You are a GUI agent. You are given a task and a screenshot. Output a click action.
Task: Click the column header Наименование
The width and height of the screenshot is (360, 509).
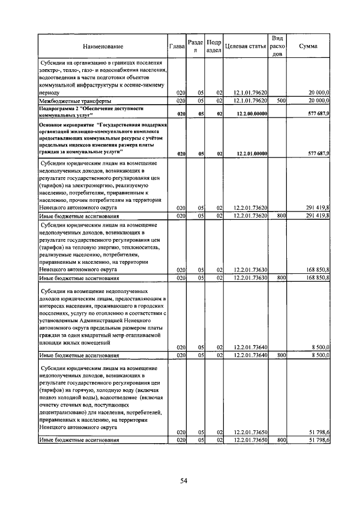(x=102, y=46)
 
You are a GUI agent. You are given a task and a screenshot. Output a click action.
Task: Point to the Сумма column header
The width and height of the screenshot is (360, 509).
(x=308, y=46)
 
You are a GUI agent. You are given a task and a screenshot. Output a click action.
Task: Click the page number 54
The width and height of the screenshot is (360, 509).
(x=183, y=480)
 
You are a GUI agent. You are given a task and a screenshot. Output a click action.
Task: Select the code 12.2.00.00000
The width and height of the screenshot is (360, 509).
(x=251, y=113)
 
